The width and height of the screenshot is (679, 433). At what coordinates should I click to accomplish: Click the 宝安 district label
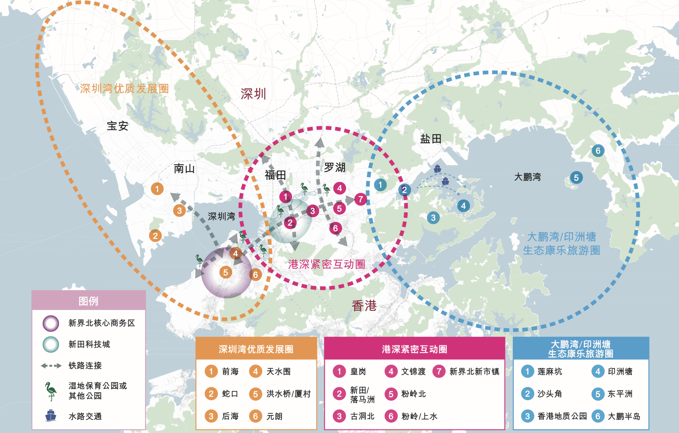point(117,126)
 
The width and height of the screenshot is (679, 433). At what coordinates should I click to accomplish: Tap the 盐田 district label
point(431,139)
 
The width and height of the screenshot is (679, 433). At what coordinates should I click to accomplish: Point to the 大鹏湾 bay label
point(527,177)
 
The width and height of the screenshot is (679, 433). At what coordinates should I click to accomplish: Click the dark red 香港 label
point(364,306)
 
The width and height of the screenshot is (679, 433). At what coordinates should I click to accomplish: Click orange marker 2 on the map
point(155,236)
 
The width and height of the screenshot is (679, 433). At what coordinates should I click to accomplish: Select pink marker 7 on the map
point(360,199)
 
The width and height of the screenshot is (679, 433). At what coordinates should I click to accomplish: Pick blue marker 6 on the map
point(598,151)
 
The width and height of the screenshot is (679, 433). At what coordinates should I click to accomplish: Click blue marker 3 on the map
point(433,218)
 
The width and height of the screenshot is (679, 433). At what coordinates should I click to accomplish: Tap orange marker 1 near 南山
point(157,189)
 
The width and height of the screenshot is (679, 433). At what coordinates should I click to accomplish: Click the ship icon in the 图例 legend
point(51,416)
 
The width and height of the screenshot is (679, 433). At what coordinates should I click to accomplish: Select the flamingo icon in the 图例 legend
point(51,391)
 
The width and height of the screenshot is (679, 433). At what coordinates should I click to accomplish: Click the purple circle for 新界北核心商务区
point(51,323)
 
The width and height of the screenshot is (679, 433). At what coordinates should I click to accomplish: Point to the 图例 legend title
point(88,301)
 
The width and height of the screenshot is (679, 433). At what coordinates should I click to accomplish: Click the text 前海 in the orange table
point(230,371)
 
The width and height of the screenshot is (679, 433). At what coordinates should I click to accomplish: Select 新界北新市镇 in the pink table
point(474,371)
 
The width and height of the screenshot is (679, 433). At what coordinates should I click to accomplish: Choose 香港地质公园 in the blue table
point(562,416)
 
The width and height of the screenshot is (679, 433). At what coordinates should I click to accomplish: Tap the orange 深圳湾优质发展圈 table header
point(256,349)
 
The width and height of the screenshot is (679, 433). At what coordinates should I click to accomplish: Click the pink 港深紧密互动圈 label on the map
point(327,264)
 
